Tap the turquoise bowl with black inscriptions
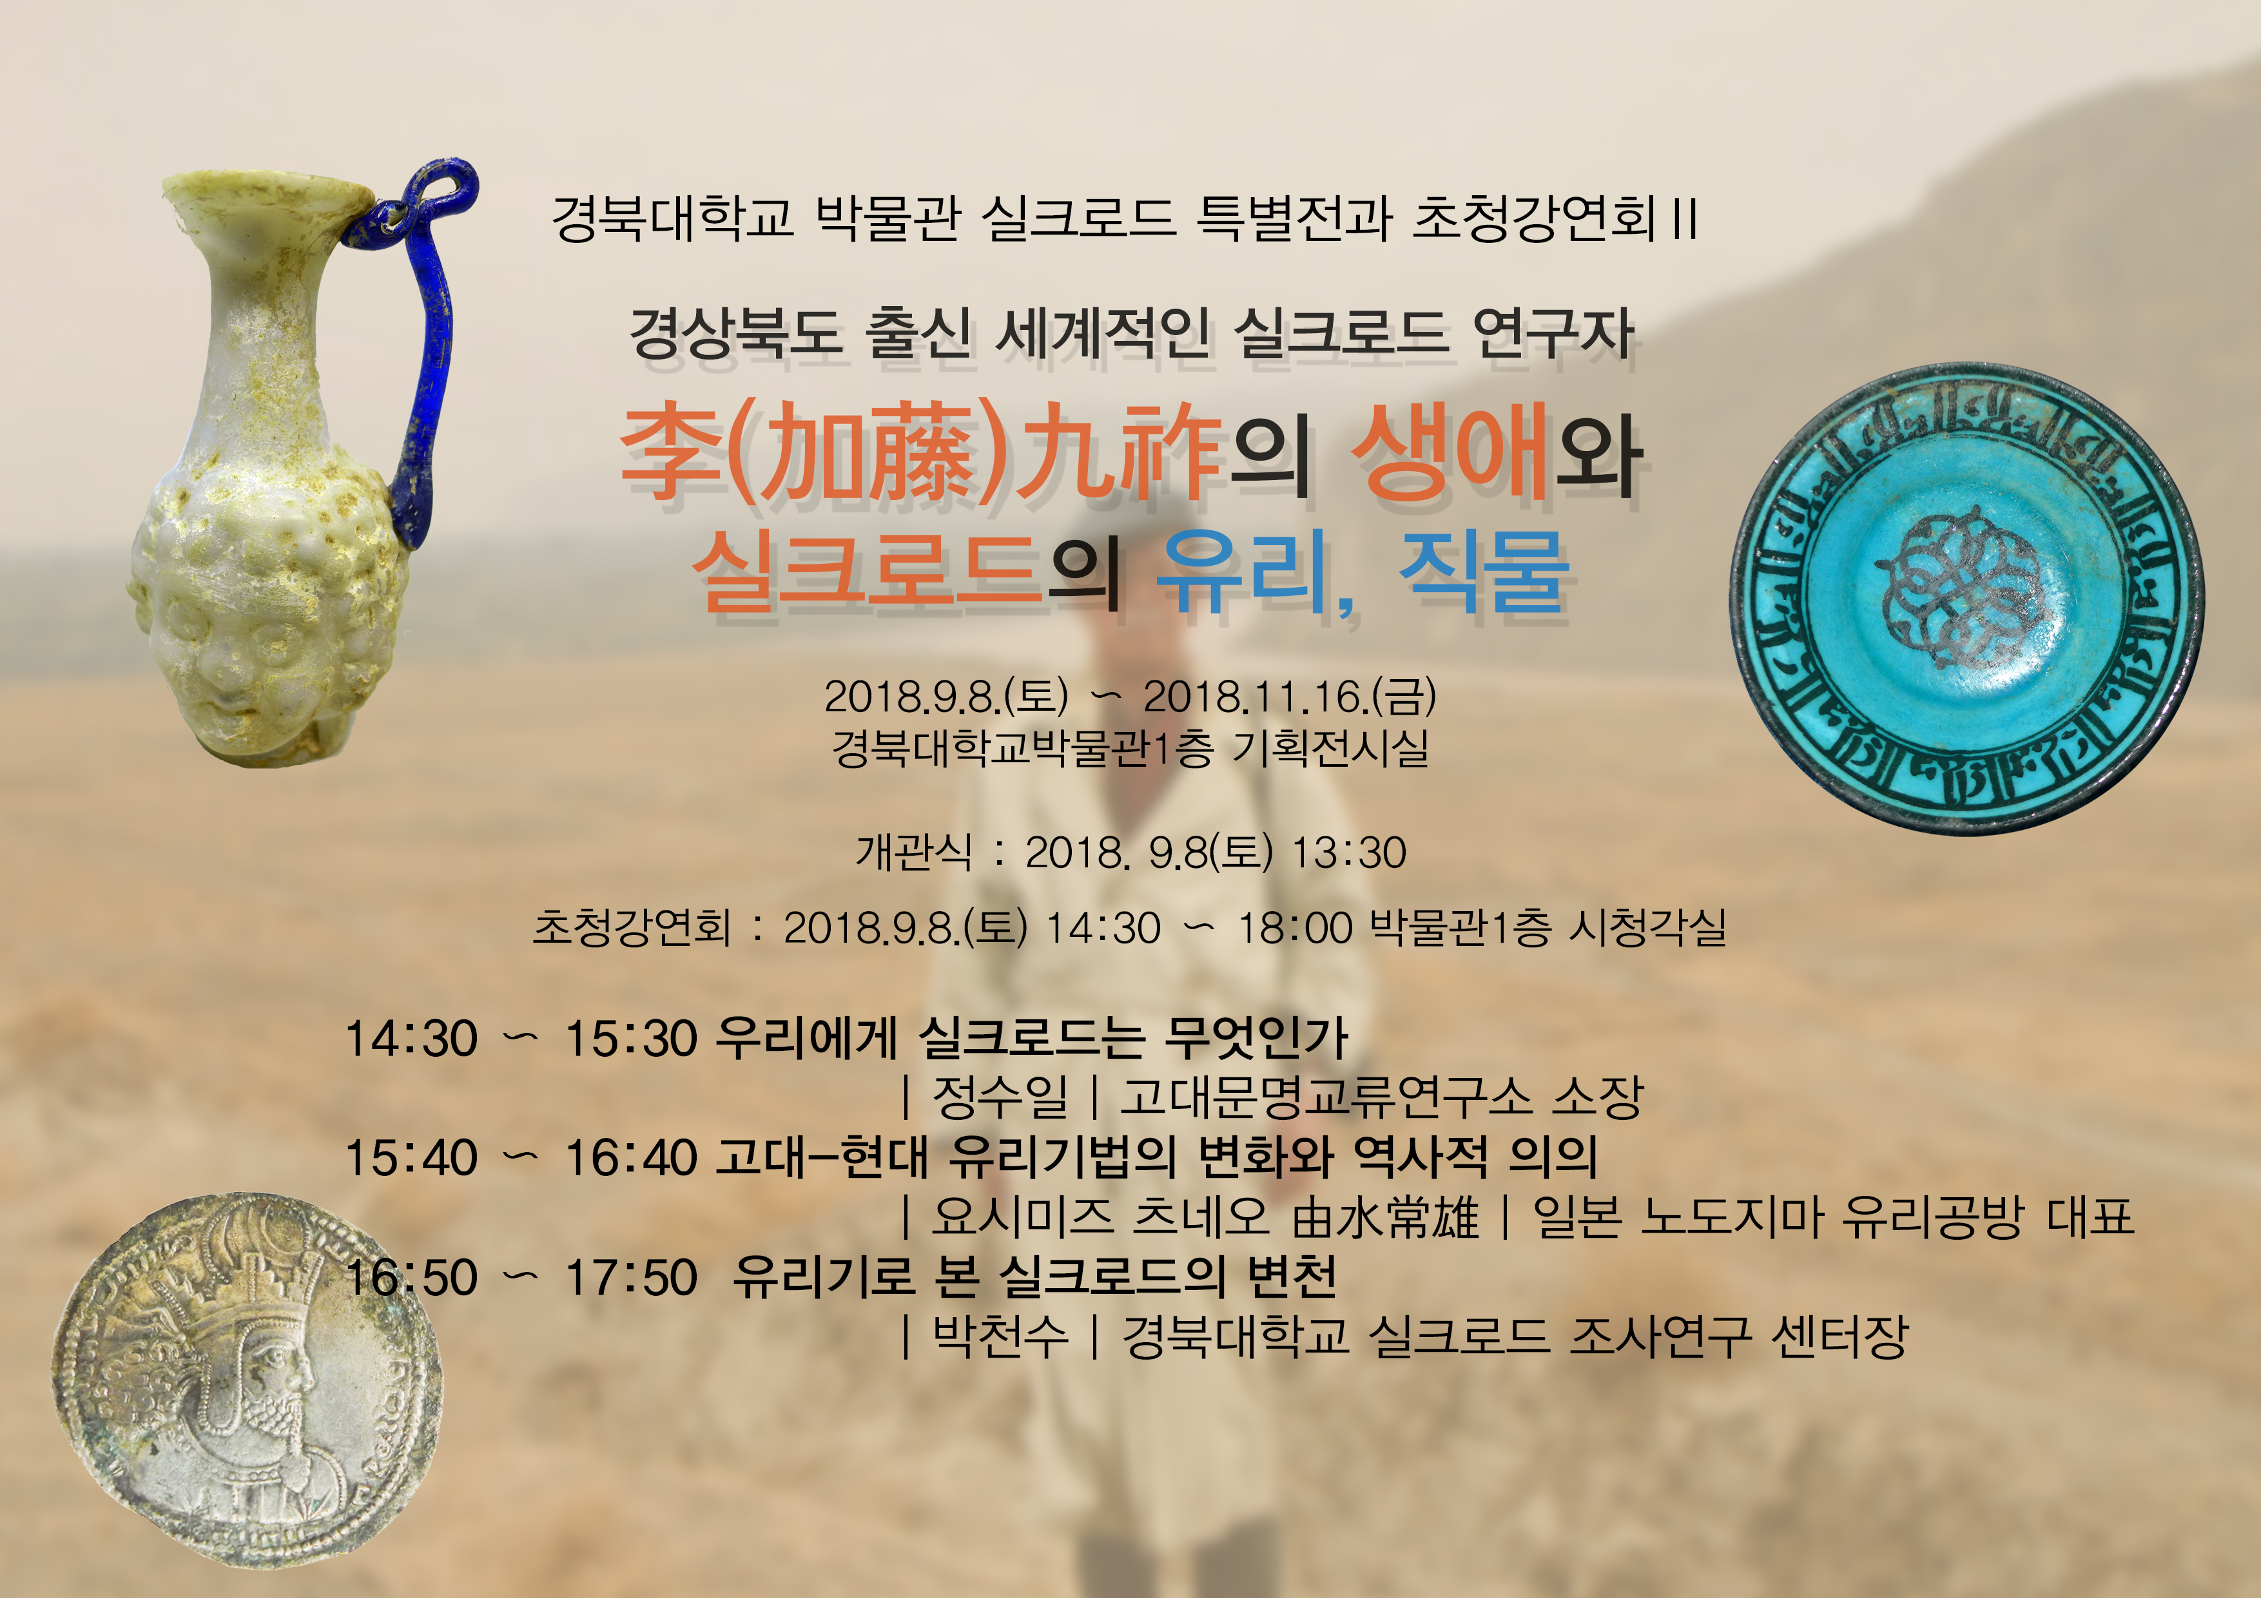1966,599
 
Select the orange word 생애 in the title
1448,453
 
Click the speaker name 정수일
1000,1097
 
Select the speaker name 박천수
1000,1336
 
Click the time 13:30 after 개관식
1348,852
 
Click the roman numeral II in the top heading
1685,218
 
